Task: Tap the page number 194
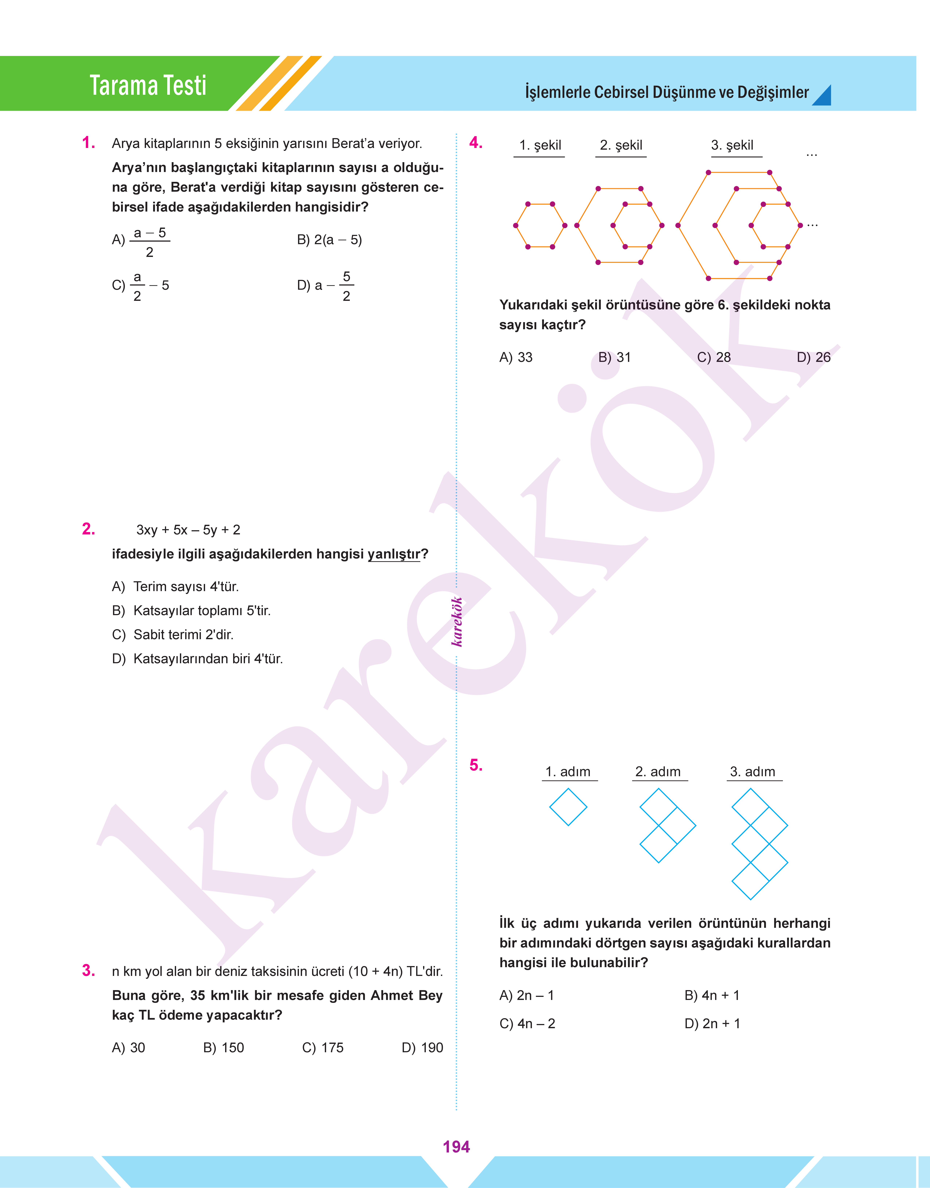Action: pyautogui.click(x=456, y=1147)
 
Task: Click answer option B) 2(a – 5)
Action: pyautogui.click(x=329, y=240)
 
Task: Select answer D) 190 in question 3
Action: pyautogui.click(x=422, y=1048)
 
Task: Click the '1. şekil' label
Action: pyautogui.click(x=540, y=145)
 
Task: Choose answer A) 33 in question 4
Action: pyautogui.click(x=516, y=357)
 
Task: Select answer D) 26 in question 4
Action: pyautogui.click(x=814, y=357)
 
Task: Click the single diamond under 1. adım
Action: pyautogui.click(x=568, y=807)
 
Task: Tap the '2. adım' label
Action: pyautogui.click(x=658, y=772)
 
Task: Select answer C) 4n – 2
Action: pyautogui.click(x=527, y=1024)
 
